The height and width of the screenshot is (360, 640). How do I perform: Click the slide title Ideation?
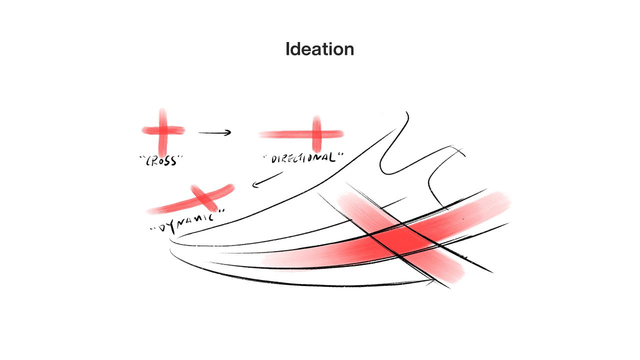(x=319, y=49)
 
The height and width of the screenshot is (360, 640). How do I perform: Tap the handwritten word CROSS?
(x=161, y=161)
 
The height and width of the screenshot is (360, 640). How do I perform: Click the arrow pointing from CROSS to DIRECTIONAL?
(x=214, y=133)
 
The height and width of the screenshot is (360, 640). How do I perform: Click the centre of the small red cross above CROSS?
(x=162, y=130)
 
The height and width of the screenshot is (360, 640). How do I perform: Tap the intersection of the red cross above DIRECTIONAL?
(x=316, y=133)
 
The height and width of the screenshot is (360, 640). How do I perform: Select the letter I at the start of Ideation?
(x=288, y=49)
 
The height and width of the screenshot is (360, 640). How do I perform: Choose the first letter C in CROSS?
(x=148, y=162)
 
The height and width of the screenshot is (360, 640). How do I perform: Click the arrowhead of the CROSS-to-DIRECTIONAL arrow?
(x=228, y=133)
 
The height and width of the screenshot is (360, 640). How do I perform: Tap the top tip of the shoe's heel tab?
(x=406, y=112)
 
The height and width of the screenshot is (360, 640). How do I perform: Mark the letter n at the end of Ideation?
(x=348, y=50)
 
